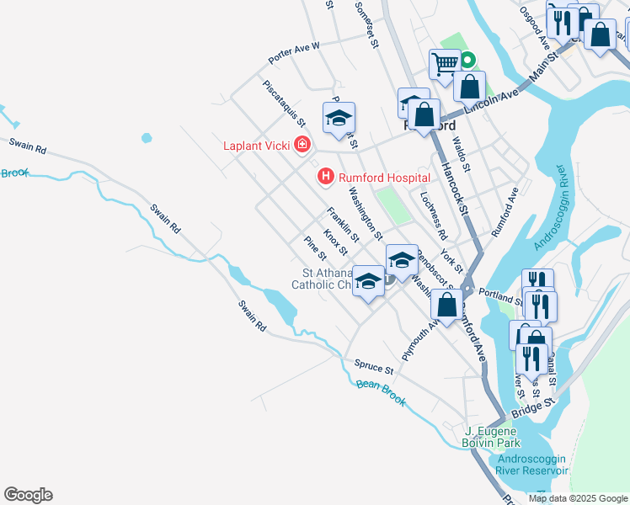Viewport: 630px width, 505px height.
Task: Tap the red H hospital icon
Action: pyautogui.click(x=323, y=177)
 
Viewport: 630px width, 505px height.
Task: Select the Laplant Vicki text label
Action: pyautogui.click(x=256, y=146)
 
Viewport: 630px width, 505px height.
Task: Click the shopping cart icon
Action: pyautogui.click(x=444, y=64)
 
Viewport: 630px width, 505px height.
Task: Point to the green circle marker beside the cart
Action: pyautogui.click(x=466, y=60)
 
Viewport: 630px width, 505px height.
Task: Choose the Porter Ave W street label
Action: pyautogui.click(x=294, y=53)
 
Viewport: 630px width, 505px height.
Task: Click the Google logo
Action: pyautogui.click(x=29, y=495)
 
